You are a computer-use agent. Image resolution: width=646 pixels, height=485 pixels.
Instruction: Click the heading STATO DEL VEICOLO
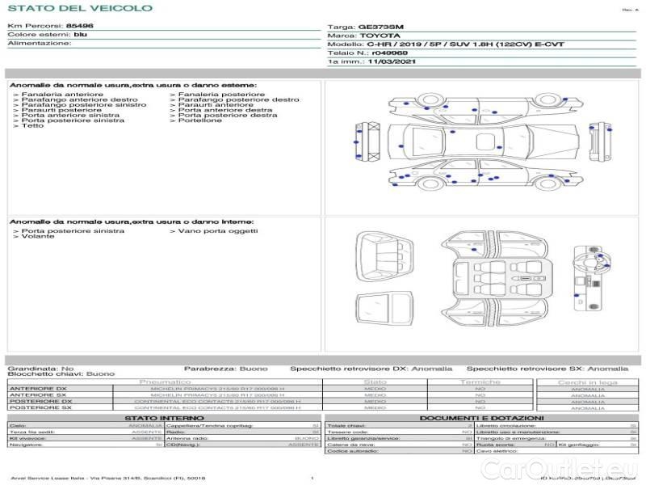click(80, 8)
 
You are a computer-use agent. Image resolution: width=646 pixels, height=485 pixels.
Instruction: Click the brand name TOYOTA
click(379, 36)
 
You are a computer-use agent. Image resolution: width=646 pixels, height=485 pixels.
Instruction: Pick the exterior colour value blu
click(80, 35)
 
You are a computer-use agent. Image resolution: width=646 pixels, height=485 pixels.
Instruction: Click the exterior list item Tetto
click(32, 126)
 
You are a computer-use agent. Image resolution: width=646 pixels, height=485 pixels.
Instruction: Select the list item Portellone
click(199, 120)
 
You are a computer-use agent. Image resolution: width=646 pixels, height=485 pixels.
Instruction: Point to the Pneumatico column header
click(166, 382)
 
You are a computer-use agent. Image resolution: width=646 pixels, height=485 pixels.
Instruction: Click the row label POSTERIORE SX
click(40, 407)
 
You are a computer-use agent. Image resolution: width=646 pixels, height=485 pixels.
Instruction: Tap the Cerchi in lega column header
click(587, 382)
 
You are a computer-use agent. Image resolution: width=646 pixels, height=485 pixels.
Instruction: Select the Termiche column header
click(480, 382)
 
